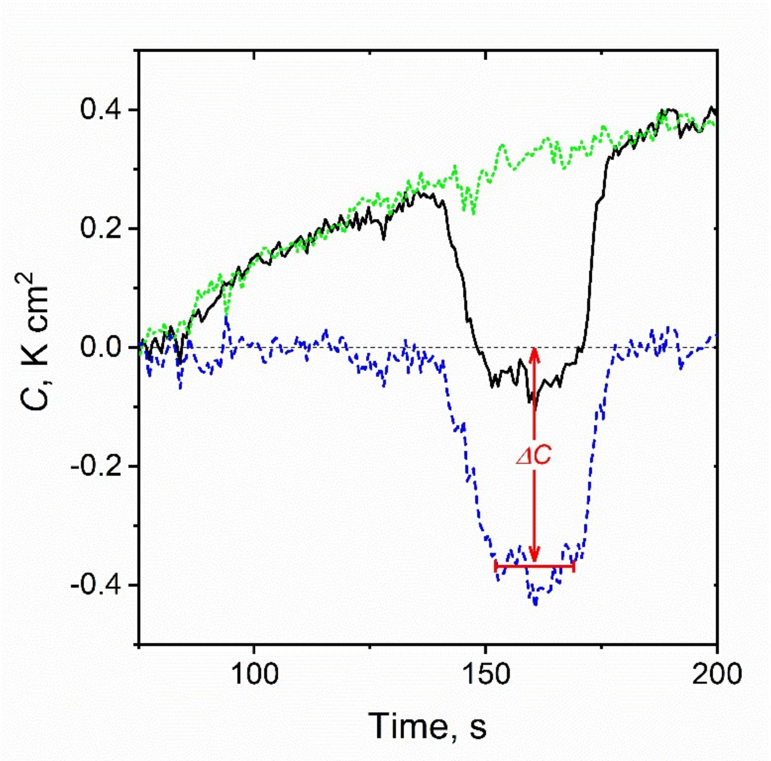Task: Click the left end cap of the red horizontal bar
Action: (x=495, y=566)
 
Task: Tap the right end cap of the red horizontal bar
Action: (x=574, y=566)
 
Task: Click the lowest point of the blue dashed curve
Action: (x=535, y=604)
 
